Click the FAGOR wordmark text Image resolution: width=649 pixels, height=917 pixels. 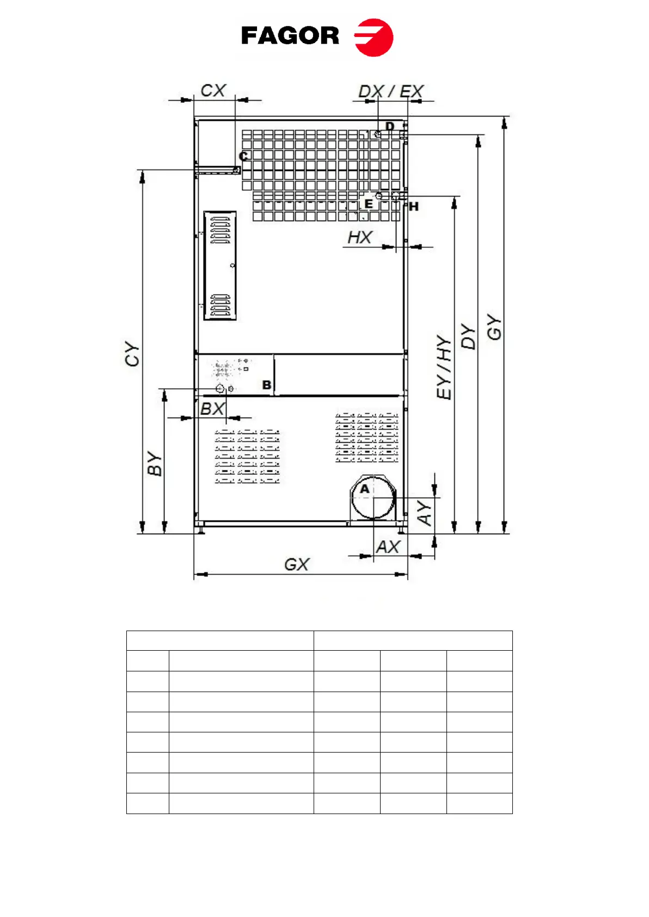[290, 35]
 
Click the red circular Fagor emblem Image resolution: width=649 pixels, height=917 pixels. [374, 37]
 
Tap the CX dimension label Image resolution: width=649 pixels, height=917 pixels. [213, 90]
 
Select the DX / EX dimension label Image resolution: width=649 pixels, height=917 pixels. [391, 91]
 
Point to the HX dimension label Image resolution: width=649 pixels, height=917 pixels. [360, 237]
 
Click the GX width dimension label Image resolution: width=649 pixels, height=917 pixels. [297, 565]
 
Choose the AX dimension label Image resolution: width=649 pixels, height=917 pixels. [388, 547]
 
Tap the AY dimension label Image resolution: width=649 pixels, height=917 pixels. [424, 513]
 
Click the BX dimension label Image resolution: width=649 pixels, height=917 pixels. [212, 408]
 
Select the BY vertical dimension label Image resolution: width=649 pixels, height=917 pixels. [155, 463]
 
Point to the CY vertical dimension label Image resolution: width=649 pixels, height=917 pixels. [132, 353]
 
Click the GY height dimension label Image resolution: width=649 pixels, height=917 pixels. [494, 327]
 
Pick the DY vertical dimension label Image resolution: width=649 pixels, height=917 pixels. [468, 336]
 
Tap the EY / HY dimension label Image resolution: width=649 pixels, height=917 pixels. [444, 367]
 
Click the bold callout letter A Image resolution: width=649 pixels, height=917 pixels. [365, 489]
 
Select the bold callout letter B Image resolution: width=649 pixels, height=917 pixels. [267, 385]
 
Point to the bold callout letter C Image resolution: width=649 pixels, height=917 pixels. [243, 156]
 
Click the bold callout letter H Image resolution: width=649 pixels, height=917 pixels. [414, 207]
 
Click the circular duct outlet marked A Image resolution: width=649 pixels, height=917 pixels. [373, 497]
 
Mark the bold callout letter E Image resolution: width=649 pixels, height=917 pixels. [369, 204]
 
